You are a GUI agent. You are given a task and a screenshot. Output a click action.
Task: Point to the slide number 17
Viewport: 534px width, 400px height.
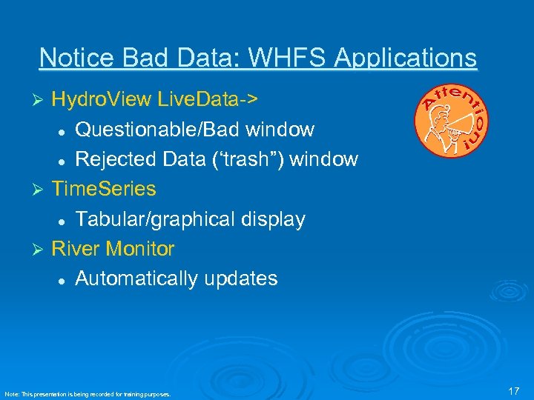514,390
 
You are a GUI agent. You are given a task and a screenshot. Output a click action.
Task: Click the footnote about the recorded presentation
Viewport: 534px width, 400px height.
88,394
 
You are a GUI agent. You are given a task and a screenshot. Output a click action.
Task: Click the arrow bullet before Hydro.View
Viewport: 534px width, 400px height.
42,100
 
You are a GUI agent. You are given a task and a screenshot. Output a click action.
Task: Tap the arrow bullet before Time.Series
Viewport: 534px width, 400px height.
42,190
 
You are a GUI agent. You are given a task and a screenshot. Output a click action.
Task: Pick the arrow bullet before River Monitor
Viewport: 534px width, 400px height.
42,250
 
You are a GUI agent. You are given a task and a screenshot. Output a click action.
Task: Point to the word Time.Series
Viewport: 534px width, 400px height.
104,189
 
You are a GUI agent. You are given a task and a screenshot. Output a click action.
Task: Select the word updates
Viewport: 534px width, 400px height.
242,279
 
